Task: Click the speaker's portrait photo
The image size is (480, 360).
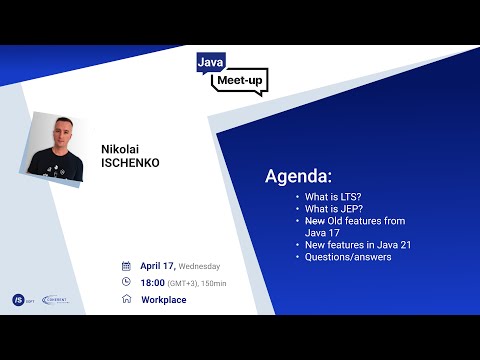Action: tap(58, 151)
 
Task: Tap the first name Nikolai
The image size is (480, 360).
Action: tap(119, 148)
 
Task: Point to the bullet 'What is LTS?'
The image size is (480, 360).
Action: tap(335, 197)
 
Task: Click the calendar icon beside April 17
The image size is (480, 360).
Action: tap(126, 267)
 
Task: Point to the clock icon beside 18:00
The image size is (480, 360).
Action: tap(126, 283)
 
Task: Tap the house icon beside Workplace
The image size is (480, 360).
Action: tap(126, 299)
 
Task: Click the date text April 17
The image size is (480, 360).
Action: tap(158, 267)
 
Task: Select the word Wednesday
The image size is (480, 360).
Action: tap(199, 267)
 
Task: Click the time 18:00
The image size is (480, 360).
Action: tap(153, 283)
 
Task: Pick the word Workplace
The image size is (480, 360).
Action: tap(163, 300)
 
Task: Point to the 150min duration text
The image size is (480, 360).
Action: tap(213, 284)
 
